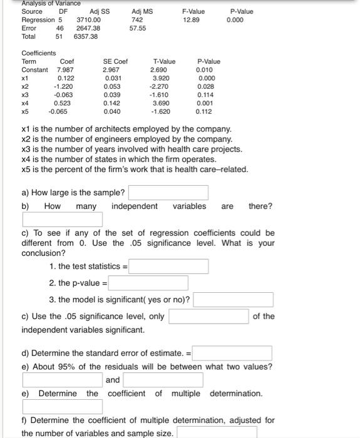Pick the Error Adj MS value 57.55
coord(138,28)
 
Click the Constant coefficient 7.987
coord(66,69)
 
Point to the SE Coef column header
coord(115,61)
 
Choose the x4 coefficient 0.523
coord(63,103)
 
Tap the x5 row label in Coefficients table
coord(26,112)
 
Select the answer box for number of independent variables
coord(63,220)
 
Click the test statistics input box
coord(169,267)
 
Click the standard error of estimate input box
coord(232,354)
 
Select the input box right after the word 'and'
coord(163,380)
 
